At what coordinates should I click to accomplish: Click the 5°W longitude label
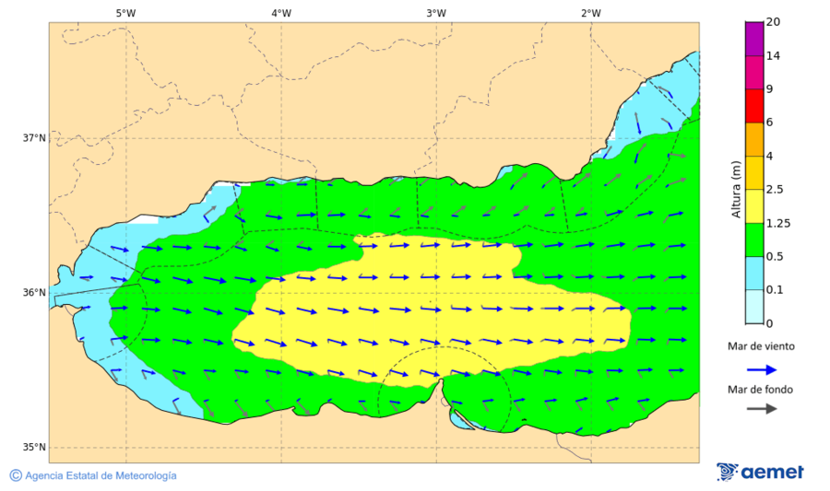click(126, 13)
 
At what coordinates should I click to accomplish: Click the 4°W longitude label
click(281, 13)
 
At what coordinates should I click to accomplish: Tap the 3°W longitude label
click(436, 13)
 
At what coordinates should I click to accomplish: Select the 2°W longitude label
click(591, 13)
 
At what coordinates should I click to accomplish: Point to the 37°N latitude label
click(34, 138)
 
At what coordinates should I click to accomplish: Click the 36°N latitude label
click(34, 293)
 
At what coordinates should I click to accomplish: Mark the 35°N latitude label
click(34, 448)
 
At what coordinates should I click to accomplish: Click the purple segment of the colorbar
click(754, 39)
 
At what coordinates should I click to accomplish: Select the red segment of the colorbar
click(754, 105)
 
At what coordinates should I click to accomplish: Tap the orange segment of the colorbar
click(754, 139)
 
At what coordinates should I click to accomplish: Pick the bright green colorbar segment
click(754, 240)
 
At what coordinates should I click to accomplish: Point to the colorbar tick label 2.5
click(775, 190)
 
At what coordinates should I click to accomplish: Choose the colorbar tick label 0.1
click(775, 290)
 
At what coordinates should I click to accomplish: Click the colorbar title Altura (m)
click(736, 189)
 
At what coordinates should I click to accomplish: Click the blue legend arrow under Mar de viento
click(760, 368)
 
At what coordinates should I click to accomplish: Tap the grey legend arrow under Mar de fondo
click(760, 409)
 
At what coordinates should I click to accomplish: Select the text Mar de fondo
click(760, 390)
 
